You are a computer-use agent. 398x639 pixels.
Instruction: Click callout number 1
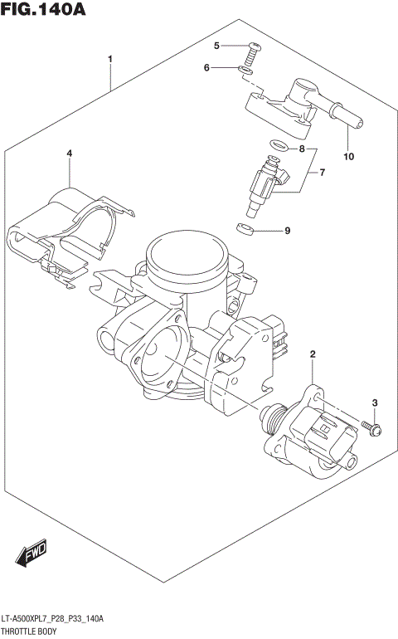[x=109, y=59]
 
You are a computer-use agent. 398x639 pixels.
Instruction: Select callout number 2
[x=313, y=355]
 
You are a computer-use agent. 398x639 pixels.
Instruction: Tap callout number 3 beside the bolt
[x=374, y=403]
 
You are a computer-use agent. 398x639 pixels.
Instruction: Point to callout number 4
[x=70, y=154]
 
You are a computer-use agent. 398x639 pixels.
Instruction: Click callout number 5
[x=216, y=46]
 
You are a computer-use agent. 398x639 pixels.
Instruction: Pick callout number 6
[x=207, y=68]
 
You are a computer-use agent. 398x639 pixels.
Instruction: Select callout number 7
[x=322, y=173]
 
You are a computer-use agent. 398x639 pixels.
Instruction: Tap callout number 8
[x=303, y=149]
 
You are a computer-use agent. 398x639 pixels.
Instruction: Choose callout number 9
[x=287, y=231]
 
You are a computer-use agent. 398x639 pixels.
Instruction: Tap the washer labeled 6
[x=245, y=70]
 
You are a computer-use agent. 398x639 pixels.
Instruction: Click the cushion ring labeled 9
[x=245, y=229]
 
